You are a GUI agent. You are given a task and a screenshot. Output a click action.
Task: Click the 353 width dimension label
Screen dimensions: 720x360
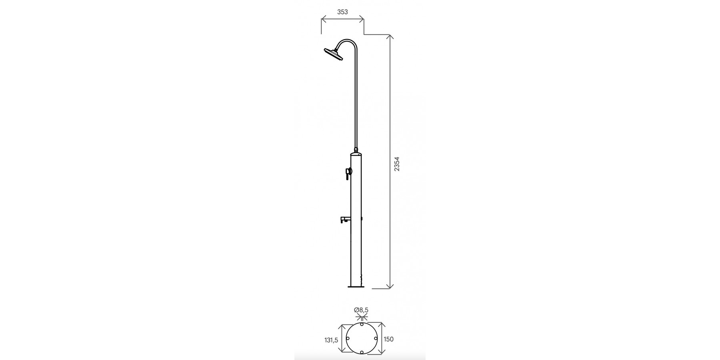pos(342,12)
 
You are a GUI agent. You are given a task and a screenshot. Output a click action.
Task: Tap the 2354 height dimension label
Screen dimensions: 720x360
pos(397,164)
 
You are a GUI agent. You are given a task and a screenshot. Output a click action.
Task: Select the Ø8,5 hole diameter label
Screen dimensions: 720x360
pos(361,310)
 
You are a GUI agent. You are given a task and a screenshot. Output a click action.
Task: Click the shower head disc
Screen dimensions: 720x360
pos(333,54)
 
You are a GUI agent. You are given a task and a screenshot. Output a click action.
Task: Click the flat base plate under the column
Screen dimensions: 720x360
pos(356,287)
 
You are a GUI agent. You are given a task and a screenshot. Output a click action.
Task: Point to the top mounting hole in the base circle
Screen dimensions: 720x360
pos(362,324)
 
